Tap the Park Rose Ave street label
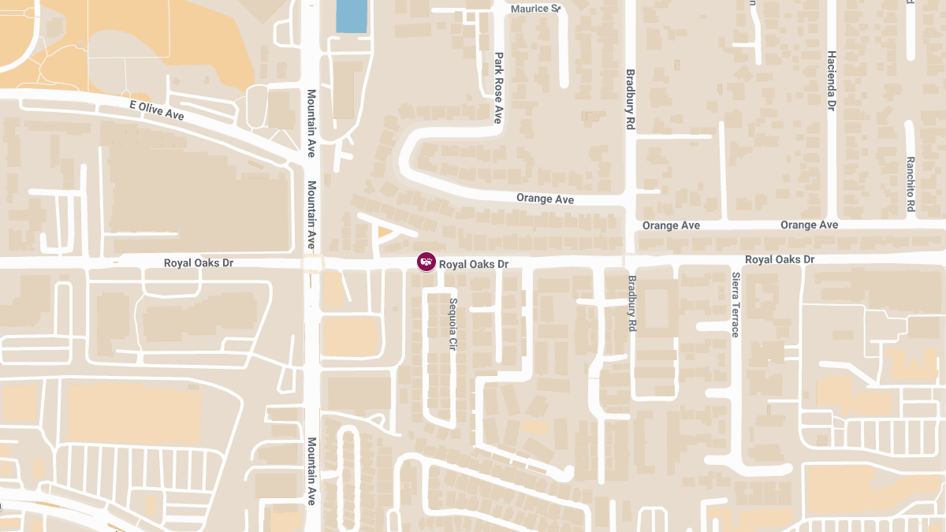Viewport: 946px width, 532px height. tap(498, 88)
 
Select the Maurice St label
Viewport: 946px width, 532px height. tap(535, 9)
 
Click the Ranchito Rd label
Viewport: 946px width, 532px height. tap(910, 184)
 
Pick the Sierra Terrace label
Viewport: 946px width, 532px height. tap(735, 305)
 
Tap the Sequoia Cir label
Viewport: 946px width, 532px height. tap(453, 324)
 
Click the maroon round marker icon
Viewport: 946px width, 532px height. tap(426, 261)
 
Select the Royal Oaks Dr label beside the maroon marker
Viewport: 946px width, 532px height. tap(473, 265)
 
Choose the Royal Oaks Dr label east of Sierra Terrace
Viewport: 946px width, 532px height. tap(780, 259)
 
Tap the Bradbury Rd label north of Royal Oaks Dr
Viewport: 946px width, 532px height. tap(630, 99)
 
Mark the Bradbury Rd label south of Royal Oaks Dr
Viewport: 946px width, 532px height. tap(632, 303)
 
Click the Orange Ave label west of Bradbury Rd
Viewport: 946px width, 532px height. tap(545, 199)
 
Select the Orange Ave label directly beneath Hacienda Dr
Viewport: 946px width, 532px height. tap(809, 225)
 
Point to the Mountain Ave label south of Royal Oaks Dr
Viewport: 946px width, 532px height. tap(311, 471)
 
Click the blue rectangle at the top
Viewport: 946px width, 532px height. tap(352, 16)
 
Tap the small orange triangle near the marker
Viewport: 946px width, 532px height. tap(385, 232)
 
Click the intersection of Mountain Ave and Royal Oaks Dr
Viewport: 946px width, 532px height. tap(312, 262)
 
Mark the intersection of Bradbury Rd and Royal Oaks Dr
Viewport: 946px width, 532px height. tap(630, 259)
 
